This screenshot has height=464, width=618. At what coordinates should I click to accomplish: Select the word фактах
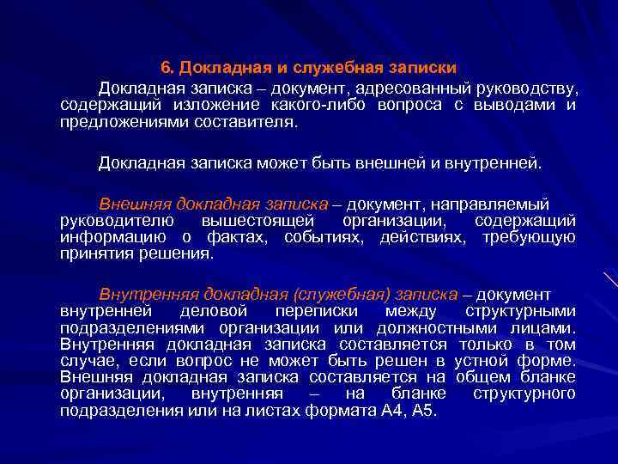click(x=230, y=237)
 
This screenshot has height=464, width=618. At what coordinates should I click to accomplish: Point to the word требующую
click(x=529, y=237)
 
